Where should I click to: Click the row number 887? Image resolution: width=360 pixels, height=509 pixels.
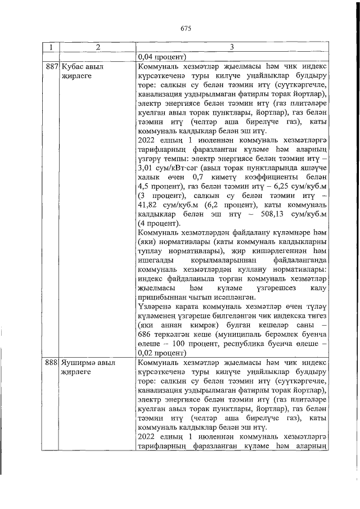click(x=52, y=66)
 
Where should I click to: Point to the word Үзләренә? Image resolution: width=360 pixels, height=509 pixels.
click(x=155, y=307)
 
